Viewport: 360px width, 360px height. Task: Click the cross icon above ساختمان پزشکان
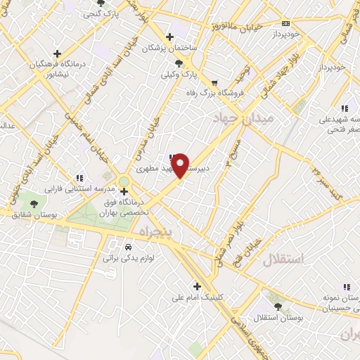[x=169, y=37]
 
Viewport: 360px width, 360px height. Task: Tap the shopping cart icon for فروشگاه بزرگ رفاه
[x=205, y=82]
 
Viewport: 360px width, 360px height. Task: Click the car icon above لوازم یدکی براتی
[x=128, y=247]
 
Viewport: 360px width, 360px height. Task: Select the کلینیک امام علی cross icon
[x=198, y=286]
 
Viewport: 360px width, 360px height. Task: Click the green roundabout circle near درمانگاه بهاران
[x=124, y=181]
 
